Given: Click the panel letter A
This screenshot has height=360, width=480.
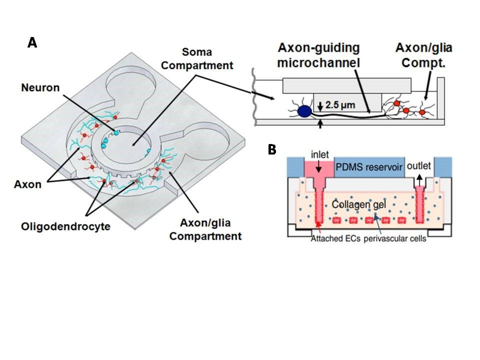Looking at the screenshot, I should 32,43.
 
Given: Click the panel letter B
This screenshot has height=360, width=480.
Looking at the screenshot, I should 272,149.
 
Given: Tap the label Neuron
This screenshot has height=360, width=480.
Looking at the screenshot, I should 40,87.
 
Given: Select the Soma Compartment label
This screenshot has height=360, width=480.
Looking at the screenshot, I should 207,58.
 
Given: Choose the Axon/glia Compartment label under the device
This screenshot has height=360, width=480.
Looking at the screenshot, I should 205,230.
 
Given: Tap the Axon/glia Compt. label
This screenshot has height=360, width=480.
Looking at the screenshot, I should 424,54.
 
